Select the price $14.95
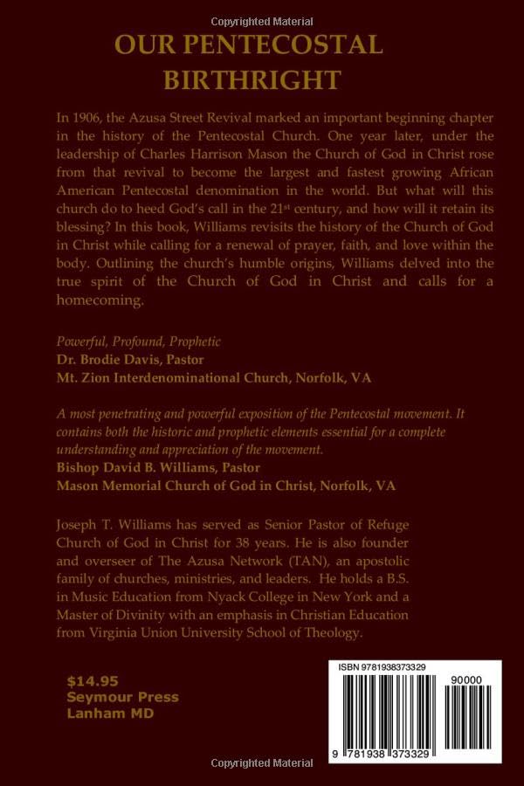[x=93, y=680]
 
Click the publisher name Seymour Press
[x=123, y=697]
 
